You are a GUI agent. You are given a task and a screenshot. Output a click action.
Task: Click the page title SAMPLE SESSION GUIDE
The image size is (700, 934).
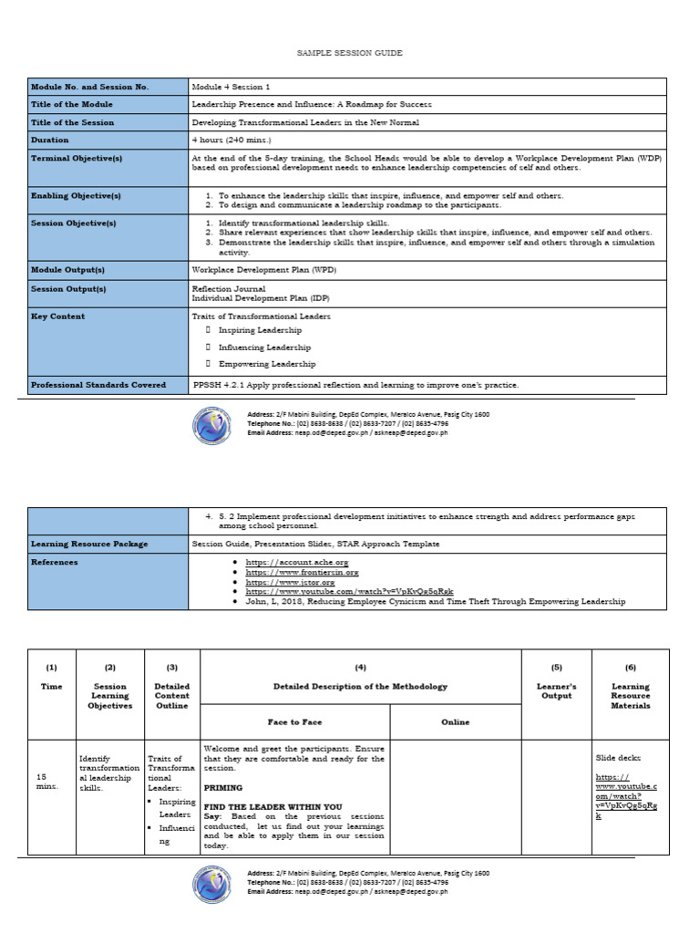[350, 54]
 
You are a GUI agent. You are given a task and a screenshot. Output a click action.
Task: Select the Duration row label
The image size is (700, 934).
[50, 140]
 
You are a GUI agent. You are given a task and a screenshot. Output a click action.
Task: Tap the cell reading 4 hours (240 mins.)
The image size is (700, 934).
[232, 140]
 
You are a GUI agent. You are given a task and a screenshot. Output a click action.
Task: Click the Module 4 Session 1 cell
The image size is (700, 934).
[231, 87]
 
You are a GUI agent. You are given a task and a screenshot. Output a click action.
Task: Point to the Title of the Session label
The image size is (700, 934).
[73, 122]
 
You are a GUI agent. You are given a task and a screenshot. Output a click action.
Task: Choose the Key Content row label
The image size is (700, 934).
[58, 317]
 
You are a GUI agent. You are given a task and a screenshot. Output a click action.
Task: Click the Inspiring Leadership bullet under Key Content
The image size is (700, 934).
[264, 330]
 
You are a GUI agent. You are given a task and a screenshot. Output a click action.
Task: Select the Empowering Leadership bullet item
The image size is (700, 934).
[267, 364]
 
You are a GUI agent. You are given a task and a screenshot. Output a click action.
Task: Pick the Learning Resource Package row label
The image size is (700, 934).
[89, 544]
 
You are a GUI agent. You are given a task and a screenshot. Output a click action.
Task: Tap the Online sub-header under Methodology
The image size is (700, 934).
[455, 721]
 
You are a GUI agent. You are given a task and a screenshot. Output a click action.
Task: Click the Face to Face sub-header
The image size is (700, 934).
[294, 721]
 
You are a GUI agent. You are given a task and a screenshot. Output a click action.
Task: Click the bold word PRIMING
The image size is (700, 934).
[223, 786]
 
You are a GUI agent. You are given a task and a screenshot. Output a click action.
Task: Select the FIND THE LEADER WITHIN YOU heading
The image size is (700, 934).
[273, 807]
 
